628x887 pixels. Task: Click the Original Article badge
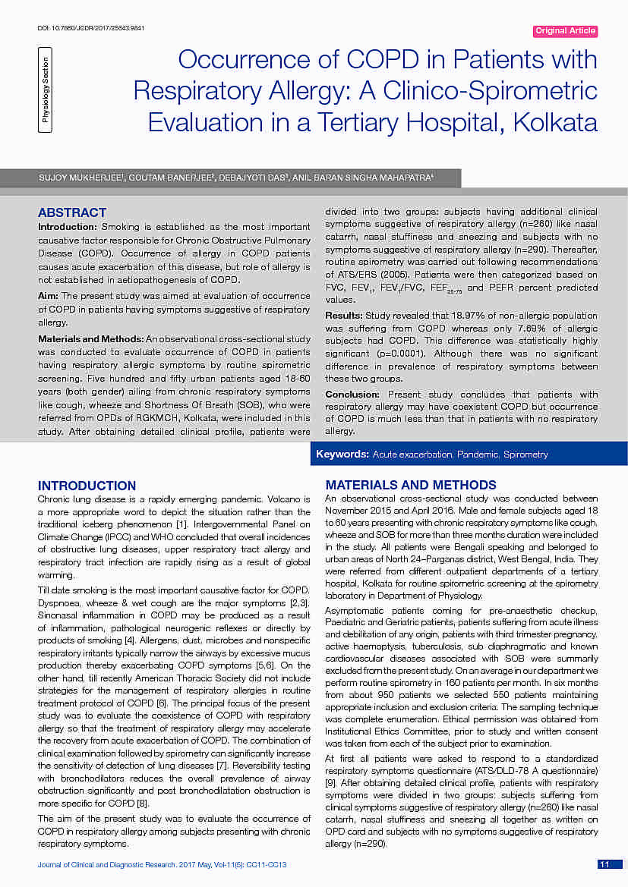tap(565, 31)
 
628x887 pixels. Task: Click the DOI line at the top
tap(91, 28)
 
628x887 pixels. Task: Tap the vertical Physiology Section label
tap(46, 90)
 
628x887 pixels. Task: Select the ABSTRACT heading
tap(72, 212)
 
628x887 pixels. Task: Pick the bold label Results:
tap(344, 314)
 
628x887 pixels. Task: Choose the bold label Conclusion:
tap(352, 395)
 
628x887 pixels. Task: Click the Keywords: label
tap(342, 455)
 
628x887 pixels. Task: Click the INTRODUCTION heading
tap(87, 486)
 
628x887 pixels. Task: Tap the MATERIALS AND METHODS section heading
tap(411, 485)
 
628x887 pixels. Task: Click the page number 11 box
tap(605, 865)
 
